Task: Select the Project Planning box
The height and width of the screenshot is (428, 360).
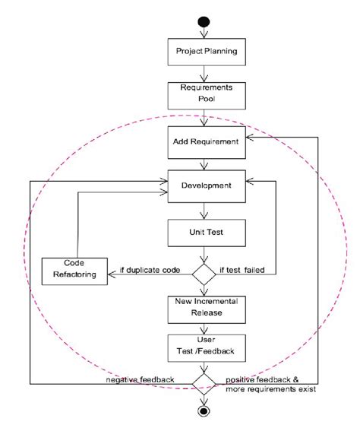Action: [x=203, y=52]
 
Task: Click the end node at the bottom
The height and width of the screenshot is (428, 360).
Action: [x=203, y=411]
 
